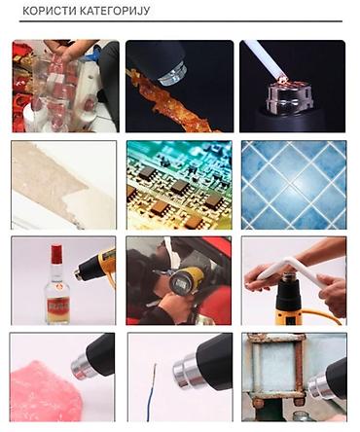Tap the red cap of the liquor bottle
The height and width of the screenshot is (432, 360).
click(56, 254)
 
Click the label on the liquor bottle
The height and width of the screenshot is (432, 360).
click(58, 306)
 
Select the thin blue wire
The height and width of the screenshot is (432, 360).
click(152, 393)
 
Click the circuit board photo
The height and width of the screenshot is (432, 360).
click(179, 185)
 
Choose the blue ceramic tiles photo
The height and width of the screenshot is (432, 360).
click(294, 185)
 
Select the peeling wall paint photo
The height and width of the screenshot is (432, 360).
click(64, 185)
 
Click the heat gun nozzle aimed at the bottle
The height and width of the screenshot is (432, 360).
click(82, 272)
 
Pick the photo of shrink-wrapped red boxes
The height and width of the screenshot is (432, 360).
click(65, 86)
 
